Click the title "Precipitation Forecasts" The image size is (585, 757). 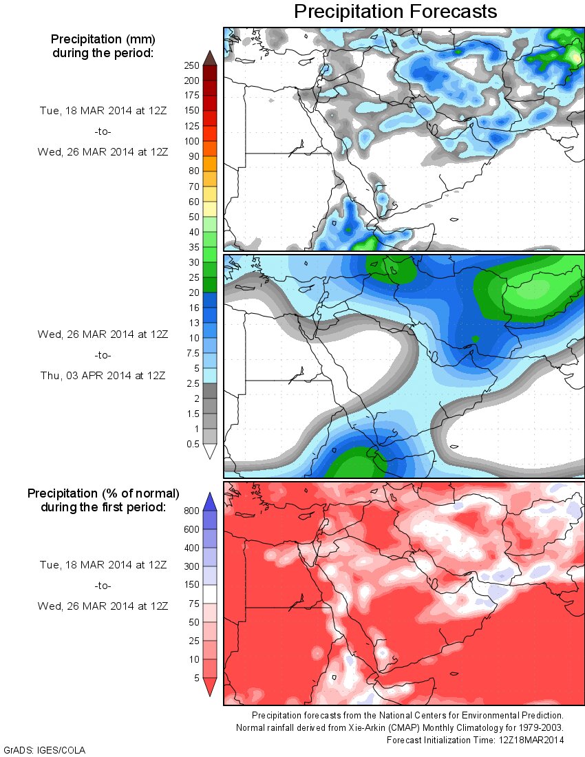(x=395, y=12)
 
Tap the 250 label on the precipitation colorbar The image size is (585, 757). (x=191, y=66)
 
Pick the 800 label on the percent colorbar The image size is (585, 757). (x=191, y=511)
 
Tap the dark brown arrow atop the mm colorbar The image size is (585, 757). (x=210, y=57)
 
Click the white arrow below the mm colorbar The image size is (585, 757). (x=210, y=451)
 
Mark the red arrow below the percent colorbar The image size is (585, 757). (x=210, y=687)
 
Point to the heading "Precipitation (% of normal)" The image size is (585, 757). (x=103, y=493)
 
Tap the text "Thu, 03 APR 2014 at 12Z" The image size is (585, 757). (x=103, y=375)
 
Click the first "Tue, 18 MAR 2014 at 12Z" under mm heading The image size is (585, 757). (x=103, y=109)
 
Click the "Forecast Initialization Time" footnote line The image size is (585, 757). (x=475, y=740)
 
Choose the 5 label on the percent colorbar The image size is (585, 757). (x=195, y=678)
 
